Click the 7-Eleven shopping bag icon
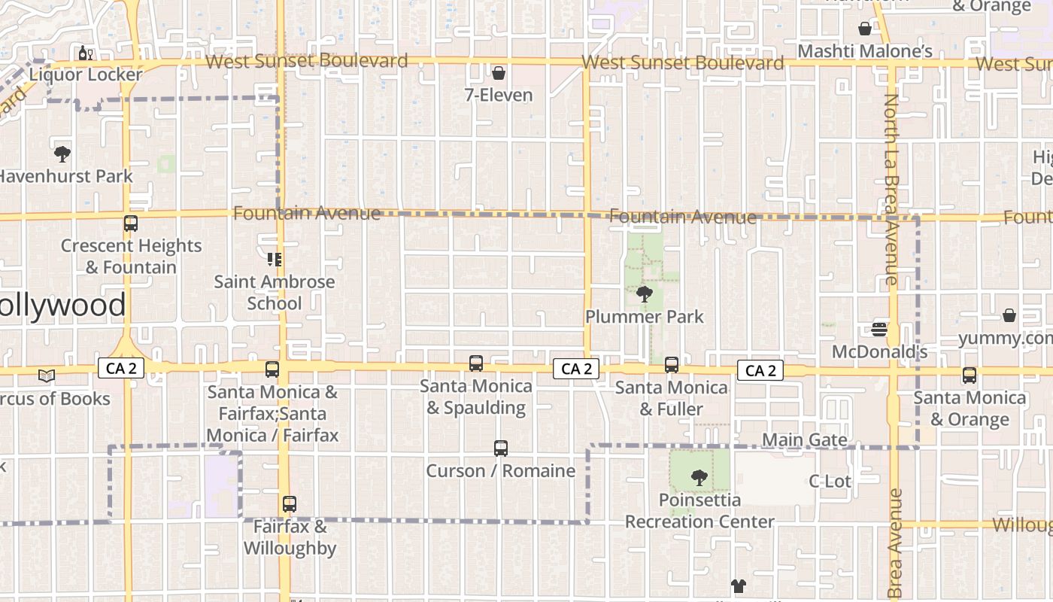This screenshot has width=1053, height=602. tap(498, 73)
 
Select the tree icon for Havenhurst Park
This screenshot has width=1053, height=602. tap(62, 154)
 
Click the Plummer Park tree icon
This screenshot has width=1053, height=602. tap(645, 294)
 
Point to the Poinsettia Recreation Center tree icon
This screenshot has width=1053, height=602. tap(699, 477)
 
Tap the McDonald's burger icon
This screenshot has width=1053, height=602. tap(879, 329)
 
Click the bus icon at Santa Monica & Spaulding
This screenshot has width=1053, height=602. tap(476, 363)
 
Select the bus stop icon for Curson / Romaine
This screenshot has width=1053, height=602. tap(501, 448)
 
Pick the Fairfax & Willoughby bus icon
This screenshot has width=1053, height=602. tap(290, 504)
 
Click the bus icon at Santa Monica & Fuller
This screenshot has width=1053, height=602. tap(672, 365)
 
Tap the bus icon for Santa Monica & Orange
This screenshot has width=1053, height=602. tap(970, 375)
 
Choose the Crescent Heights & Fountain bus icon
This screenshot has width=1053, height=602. tap(131, 223)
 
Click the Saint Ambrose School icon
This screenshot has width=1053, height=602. tap(275, 260)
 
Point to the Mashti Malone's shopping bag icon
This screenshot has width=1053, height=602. tap(865, 29)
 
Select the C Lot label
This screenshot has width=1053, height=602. tap(830, 481)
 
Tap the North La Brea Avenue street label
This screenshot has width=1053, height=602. tap(891, 188)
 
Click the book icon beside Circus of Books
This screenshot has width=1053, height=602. tap(47, 375)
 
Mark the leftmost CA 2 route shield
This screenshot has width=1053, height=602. tap(121, 368)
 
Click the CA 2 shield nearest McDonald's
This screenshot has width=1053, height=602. tap(760, 370)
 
